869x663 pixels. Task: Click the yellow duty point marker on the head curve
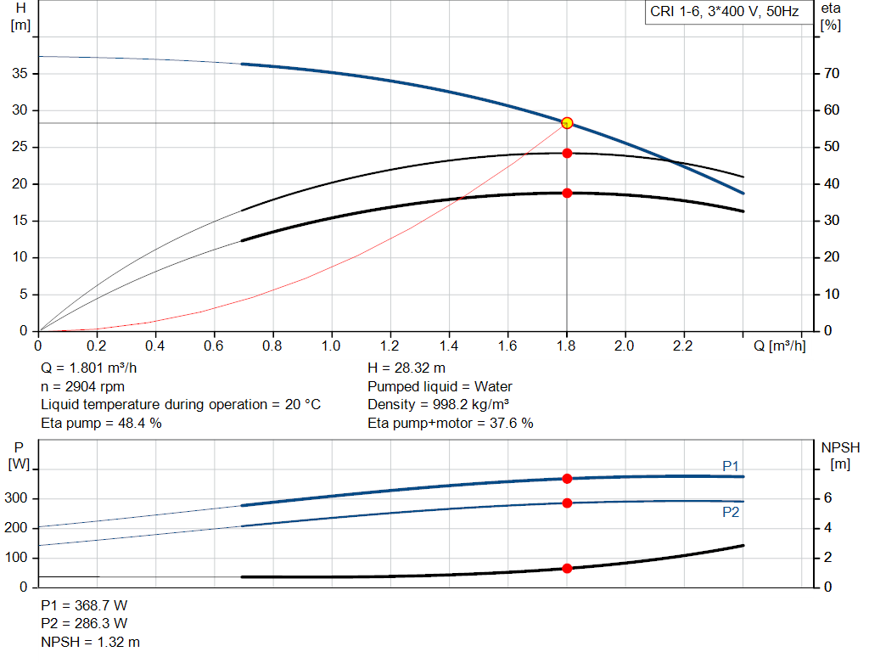tap(567, 123)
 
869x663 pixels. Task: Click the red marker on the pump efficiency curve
tap(567, 154)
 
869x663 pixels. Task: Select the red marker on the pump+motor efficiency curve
tap(567, 193)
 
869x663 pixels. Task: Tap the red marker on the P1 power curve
tap(567, 479)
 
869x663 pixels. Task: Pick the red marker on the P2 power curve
tap(567, 503)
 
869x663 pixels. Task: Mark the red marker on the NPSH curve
tap(567, 568)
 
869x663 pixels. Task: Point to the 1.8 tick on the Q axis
tap(567, 346)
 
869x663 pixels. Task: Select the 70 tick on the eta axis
tap(831, 74)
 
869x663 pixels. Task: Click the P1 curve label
tap(731, 466)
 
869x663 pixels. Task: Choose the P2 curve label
tap(731, 512)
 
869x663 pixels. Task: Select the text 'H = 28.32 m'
tap(406, 368)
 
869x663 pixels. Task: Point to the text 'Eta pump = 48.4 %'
tap(101, 422)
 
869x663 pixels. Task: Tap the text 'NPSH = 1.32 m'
tap(91, 642)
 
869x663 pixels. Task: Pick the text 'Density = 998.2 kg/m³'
tap(438, 404)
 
